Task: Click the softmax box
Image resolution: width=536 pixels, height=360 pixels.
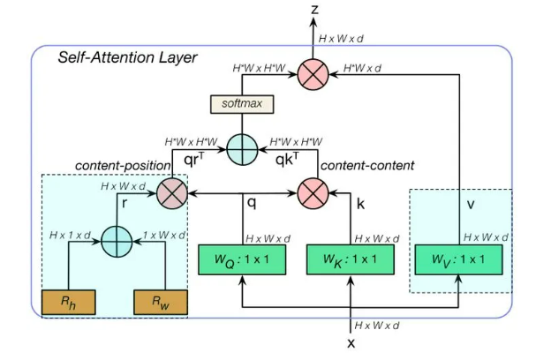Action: click(x=242, y=104)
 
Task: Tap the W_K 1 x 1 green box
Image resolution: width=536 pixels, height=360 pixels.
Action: click(x=341, y=259)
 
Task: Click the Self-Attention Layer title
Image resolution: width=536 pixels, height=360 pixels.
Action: click(x=128, y=58)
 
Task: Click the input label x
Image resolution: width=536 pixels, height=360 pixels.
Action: click(x=351, y=343)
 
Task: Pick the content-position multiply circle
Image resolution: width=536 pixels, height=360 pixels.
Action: click(x=172, y=191)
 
